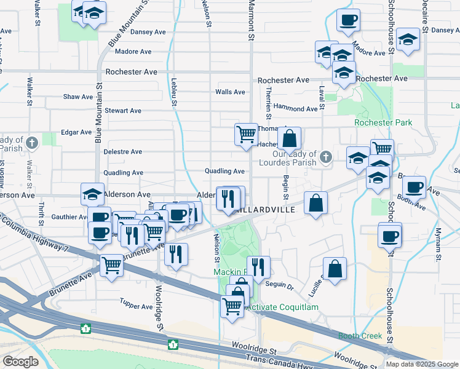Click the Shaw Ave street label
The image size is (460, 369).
tap(78, 97)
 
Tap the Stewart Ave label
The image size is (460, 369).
tap(123, 111)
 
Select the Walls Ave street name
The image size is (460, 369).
tap(230, 92)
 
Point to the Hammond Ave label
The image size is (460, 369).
tap(296, 109)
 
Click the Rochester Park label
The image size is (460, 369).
tap(383, 123)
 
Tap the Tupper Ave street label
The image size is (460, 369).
tap(137, 306)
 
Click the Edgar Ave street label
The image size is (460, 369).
tap(76, 132)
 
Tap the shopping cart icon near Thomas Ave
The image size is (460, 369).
tap(246, 133)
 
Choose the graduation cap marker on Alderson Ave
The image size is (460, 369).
tap(92, 194)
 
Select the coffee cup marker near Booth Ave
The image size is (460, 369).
tap(414, 186)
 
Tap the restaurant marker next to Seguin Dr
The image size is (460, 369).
tap(258, 266)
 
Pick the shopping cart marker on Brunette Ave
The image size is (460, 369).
tap(111, 266)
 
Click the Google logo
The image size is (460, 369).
tap(20, 362)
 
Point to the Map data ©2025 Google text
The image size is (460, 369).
tap(421, 364)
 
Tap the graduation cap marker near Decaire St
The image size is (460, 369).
tap(408, 40)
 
